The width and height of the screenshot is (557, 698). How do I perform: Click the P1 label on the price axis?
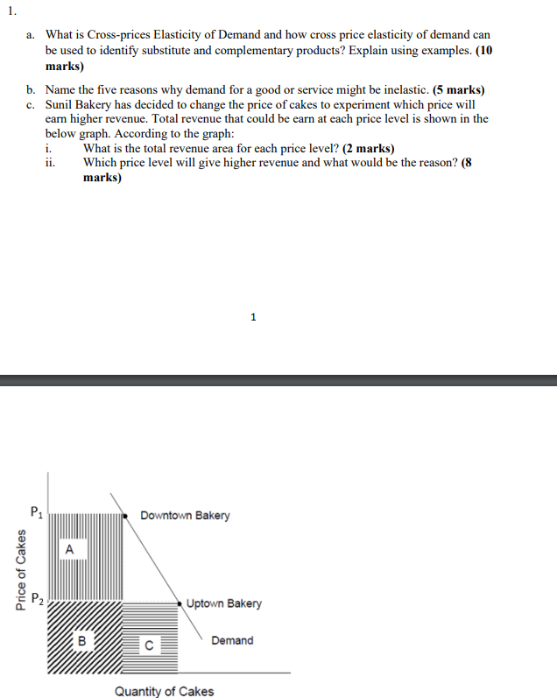[x=35, y=511]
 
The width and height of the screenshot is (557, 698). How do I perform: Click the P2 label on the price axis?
[x=36, y=600]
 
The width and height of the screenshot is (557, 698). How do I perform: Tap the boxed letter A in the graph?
[x=70, y=549]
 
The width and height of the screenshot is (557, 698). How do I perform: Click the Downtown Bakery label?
[x=185, y=515]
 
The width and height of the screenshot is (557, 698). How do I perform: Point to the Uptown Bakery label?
[x=223, y=603]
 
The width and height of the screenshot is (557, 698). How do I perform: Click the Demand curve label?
[x=232, y=640]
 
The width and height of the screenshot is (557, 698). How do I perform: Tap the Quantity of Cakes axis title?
[x=164, y=691]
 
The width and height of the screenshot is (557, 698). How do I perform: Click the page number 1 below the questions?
[x=253, y=317]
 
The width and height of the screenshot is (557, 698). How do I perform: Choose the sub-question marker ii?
[x=51, y=162]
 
